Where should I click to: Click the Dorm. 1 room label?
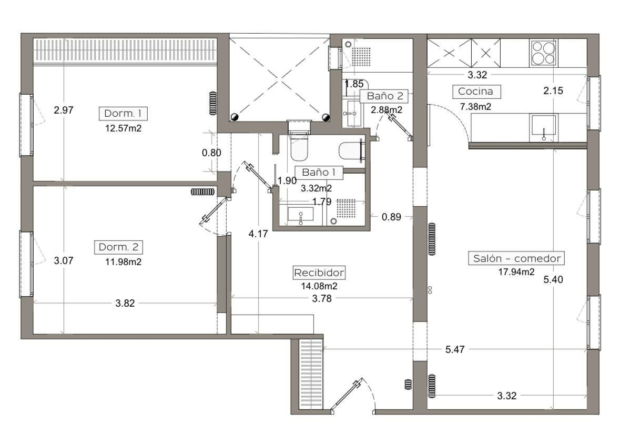123,114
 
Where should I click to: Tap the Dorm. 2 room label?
118,247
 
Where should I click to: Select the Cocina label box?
476,92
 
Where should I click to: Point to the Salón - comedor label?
516,258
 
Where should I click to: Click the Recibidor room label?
319,273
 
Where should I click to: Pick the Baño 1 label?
319,173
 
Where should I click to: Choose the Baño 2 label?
385,96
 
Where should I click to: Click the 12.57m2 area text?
124,128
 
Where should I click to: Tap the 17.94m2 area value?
516,271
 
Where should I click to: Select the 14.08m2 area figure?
319,286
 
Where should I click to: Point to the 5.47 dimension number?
455,349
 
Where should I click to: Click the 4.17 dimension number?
258,234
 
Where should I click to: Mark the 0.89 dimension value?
391,217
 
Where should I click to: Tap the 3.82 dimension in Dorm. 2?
125,304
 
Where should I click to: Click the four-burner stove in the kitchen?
543,53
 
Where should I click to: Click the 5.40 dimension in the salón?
553,280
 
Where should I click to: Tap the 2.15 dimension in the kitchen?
553,90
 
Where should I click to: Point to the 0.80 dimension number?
211,153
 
